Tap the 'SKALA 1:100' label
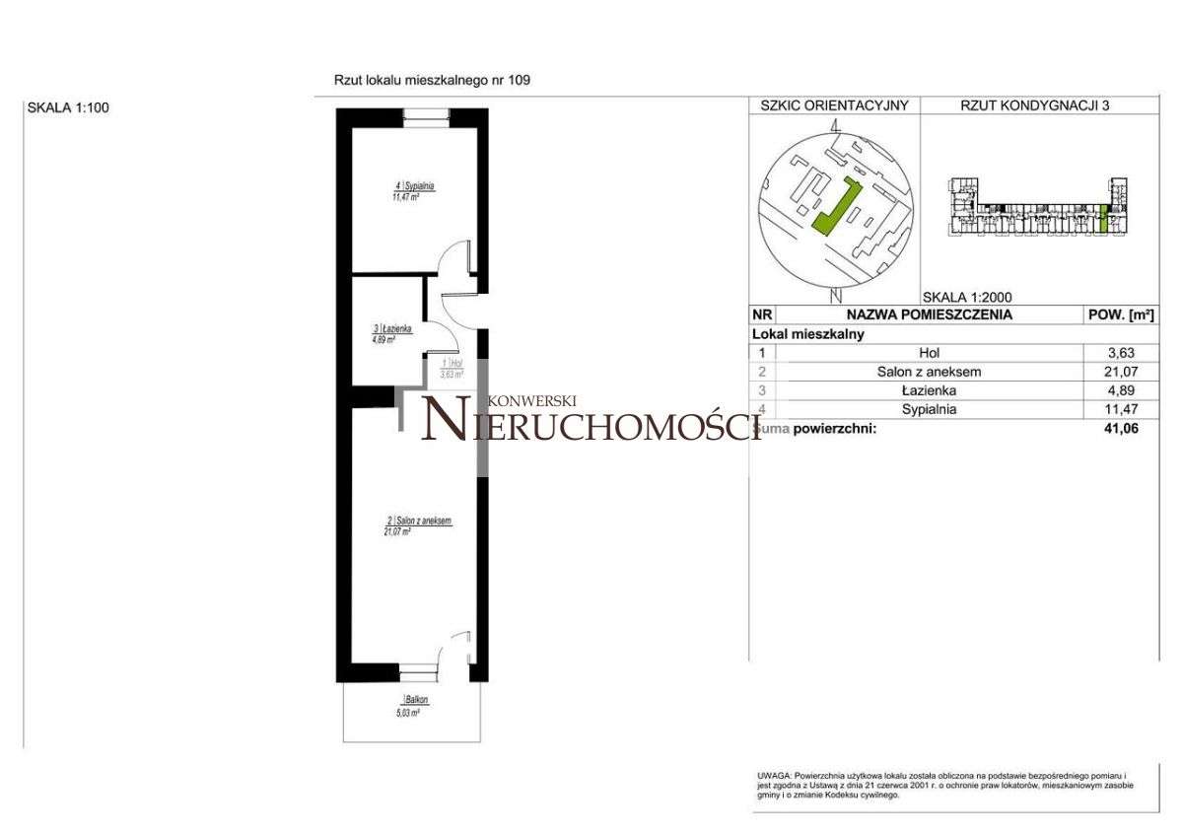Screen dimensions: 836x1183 68,108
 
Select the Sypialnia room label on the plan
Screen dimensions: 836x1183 413,185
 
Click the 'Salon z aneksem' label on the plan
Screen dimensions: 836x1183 418,522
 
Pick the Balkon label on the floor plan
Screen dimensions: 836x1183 412,698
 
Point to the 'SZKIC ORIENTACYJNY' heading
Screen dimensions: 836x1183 834,106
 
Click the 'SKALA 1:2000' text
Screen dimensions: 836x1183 967,296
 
